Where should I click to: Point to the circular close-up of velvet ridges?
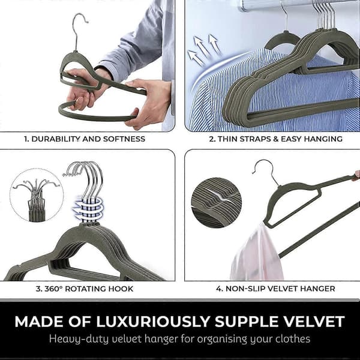coord(216,203)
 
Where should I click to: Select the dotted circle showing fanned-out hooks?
coord(37,195)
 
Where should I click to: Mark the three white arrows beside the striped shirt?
coord(203,49)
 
